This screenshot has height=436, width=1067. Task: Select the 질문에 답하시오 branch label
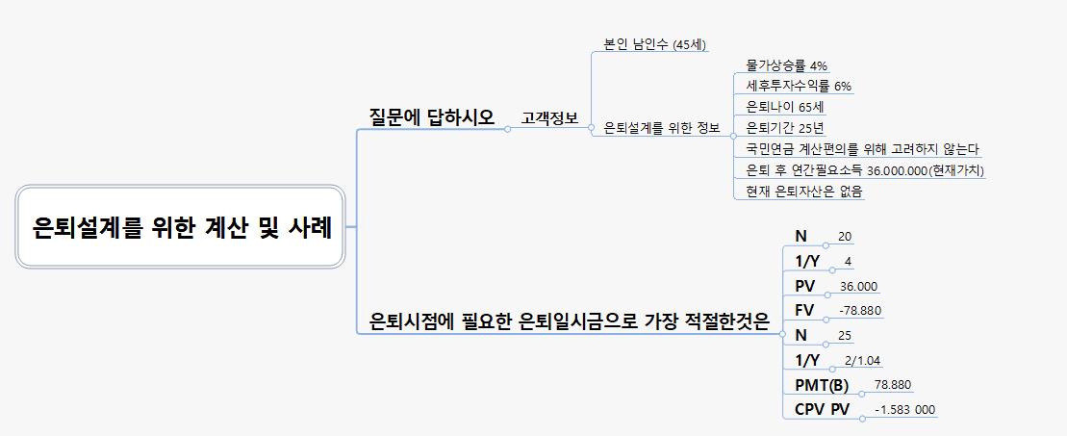point(432,117)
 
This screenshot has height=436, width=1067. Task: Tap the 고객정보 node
point(549,118)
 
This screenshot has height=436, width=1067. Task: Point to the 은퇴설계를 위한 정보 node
point(661,128)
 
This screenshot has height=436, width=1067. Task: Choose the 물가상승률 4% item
point(786,65)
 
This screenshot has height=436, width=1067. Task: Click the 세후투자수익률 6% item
point(798,87)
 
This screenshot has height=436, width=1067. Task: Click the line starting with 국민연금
point(862,149)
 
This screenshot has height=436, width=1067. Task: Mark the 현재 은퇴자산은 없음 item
point(804,192)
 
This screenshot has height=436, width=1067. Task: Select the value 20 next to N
point(845,237)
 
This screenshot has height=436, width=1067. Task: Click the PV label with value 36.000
point(804,287)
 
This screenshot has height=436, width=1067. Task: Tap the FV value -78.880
point(859,311)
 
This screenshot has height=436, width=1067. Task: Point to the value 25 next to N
point(845,336)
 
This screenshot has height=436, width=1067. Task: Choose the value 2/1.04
point(862,361)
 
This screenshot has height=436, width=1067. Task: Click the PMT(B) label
point(822,386)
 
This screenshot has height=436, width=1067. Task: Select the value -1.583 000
point(904,410)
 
